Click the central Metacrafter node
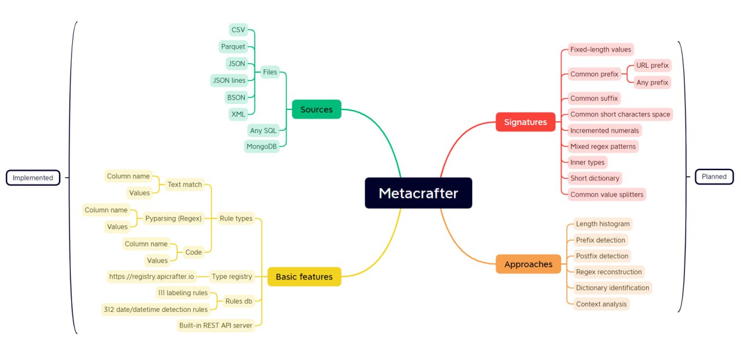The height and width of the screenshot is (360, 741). pos(419,193)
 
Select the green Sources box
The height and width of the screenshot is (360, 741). pos(317,109)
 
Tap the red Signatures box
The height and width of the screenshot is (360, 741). pos(525,122)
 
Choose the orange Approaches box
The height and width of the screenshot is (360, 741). pos(529,264)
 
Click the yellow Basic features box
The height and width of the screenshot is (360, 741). pos(305,277)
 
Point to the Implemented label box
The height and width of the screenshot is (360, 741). pos(33,178)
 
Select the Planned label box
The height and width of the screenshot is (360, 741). pos(714,177)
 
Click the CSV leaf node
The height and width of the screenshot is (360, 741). pos(238,30)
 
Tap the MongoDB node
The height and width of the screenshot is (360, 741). pos(262,146)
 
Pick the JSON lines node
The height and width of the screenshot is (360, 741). pos(229,80)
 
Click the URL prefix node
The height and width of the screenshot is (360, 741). pos(652,65)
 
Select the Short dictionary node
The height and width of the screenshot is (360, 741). pos(595,178)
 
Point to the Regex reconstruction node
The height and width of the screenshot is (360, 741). pos(608,272)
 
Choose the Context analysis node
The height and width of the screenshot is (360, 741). pos(601,304)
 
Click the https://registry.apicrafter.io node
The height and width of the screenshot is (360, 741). pos(152,276)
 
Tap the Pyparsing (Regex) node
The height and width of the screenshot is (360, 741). pos(173,218)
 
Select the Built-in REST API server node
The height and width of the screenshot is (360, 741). pos(216,325)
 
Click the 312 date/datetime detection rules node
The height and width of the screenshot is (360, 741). pos(156,310)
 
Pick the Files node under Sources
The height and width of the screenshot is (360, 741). pos(270,72)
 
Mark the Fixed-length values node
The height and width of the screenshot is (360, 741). pos(600,50)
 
